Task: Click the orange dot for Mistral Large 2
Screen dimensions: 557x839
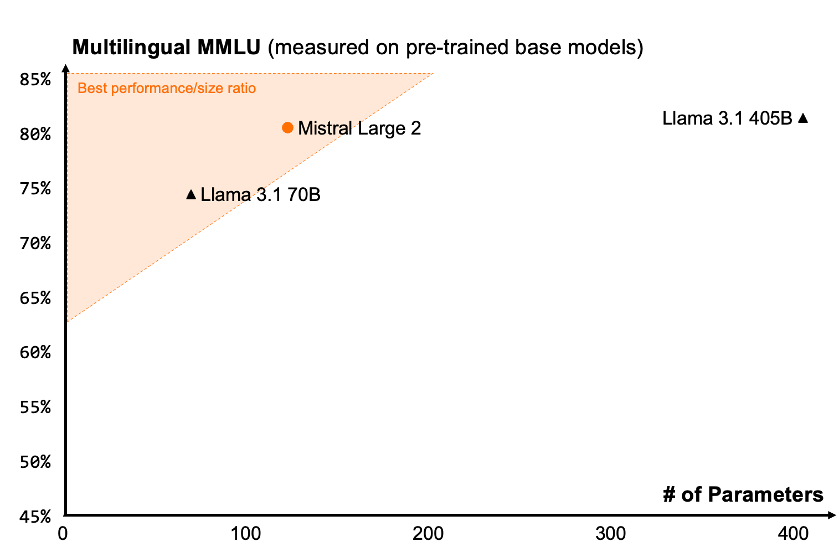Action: [x=287, y=127]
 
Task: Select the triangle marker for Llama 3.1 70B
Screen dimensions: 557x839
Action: [x=191, y=194]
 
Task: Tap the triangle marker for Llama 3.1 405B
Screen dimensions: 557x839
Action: [x=803, y=118]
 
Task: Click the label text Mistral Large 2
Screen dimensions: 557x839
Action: [x=359, y=128]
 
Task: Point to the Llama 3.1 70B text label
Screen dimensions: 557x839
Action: [x=260, y=195]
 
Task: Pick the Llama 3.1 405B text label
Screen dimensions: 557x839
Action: [x=727, y=118]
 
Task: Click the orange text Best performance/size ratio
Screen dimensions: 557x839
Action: [x=167, y=89]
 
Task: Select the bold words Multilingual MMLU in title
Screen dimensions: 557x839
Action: [x=166, y=48]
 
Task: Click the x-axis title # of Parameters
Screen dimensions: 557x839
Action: [x=743, y=494]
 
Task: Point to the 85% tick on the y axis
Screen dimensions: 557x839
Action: [x=35, y=80]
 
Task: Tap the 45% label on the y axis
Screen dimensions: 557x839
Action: [x=35, y=517]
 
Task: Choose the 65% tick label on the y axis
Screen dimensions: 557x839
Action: [x=35, y=298]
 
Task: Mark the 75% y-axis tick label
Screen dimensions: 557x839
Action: [x=35, y=189]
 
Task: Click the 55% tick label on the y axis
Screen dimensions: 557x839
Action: [x=35, y=408]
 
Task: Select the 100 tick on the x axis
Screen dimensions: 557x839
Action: [x=246, y=534]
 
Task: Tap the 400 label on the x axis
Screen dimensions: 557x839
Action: [x=793, y=534]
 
